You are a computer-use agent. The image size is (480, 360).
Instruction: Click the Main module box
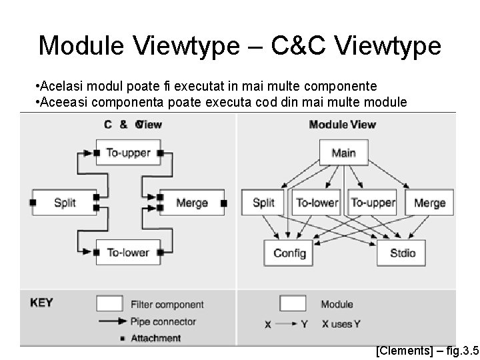[x=343, y=153]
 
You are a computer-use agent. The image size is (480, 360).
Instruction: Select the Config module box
[x=289, y=253]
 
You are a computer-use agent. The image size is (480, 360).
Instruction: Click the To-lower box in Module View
[x=317, y=202]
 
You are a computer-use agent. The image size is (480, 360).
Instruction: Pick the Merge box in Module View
[x=429, y=202]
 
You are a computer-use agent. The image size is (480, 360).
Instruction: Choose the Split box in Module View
[x=264, y=202]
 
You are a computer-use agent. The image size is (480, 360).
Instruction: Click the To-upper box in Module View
[x=373, y=202]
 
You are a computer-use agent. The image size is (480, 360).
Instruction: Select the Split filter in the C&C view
[x=65, y=202]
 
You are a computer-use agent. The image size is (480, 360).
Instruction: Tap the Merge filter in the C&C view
[x=192, y=202]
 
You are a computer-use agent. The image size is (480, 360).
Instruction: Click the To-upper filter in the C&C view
[x=128, y=153]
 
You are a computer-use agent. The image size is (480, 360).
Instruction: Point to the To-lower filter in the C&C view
[x=128, y=252]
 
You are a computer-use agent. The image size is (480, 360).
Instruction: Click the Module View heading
[x=343, y=124]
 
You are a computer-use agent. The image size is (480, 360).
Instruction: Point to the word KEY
[x=41, y=303]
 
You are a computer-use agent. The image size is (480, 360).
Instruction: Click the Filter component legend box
[x=110, y=304]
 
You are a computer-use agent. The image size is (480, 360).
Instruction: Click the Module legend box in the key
[x=293, y=304]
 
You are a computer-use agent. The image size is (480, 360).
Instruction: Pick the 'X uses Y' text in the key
[x=341, y=324]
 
